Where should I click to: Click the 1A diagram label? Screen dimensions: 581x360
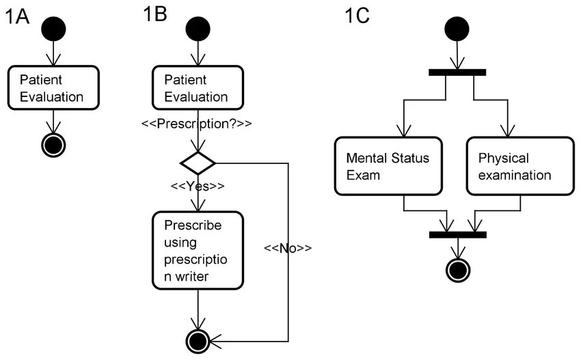(x=17, y=17)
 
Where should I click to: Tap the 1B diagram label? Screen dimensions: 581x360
(x=155, y=14)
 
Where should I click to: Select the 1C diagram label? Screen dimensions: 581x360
(x=357, y=16)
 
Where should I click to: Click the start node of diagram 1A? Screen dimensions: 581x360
(x=53, y=29)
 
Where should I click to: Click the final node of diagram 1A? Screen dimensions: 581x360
(x=53, y=145)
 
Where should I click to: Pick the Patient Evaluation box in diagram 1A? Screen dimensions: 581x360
(x=53, y=87)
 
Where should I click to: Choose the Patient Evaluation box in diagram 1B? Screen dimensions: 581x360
(x=198, y=87)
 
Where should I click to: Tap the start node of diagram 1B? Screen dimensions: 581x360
(x=198, y=29)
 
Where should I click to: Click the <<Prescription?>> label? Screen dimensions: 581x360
(x=197, y=124)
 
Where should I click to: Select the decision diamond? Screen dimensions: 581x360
(x=198, y=163)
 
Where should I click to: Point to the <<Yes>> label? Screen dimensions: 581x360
(x=198, y=186)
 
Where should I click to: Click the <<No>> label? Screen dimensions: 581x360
(x=288, y=248)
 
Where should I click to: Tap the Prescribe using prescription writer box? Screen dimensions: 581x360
(x=198, y=251)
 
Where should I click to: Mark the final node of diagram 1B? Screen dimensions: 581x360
(x=198, y=341)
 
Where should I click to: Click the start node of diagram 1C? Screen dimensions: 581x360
(x=457, y=29)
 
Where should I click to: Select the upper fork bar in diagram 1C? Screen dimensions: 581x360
(x=457, y=72)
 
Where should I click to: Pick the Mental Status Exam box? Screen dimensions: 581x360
(x=388, y=166)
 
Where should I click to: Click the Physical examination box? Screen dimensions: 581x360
(x=520, y=166)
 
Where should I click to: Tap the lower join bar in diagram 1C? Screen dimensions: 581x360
(x=457, y=234)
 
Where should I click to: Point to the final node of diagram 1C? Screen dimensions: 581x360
(x=458, y=270)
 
